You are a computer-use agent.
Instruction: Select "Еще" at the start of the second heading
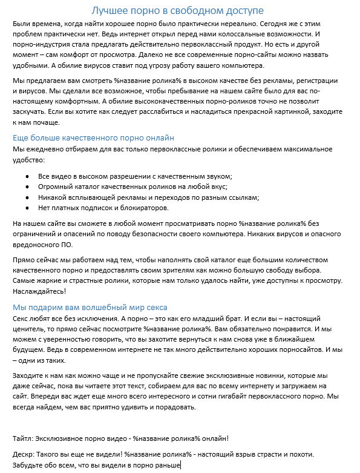pyautogui.click(x=21, y=137)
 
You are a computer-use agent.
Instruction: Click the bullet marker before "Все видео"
pyautogui.click(x=27, y=176)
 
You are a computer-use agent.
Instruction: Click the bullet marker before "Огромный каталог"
pyautogui.click(x=27, y=187)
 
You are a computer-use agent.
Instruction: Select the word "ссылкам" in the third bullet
pyautogui.click(x=242, y=197)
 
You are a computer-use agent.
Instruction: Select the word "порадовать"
pyautogui.click(x=175, y=407)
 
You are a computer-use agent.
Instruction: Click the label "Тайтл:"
pyautogui.click(x=24, y=438)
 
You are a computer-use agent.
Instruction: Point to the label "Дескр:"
pyautogui.click(x=24, y=454)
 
